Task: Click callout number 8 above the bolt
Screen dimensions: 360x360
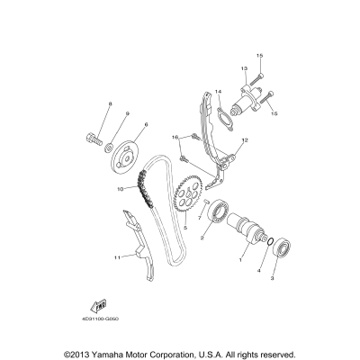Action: (x=109, y=105)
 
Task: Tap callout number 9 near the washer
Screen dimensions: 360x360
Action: (x=127, y=113)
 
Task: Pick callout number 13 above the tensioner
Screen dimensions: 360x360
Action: (x=243, y=68)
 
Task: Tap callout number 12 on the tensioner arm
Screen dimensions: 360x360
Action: (x=245, y=140)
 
